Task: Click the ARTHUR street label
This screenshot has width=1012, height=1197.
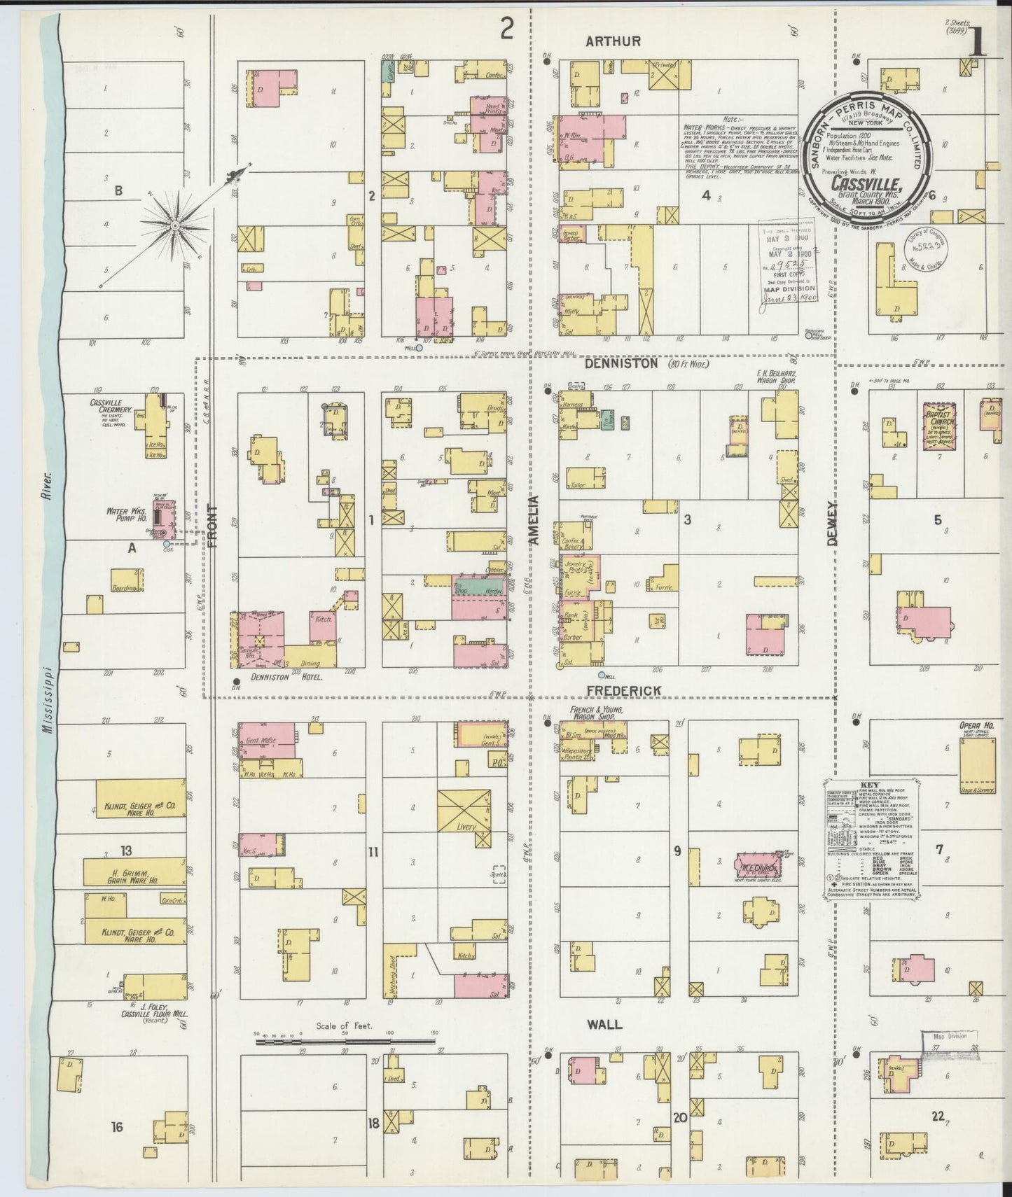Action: (x=613, y=41)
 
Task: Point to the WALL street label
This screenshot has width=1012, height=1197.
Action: (x=604, y=1024)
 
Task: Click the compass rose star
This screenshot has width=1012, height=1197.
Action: (x=174, y=225)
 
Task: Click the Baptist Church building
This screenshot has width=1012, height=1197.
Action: (x=941, y=429)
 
